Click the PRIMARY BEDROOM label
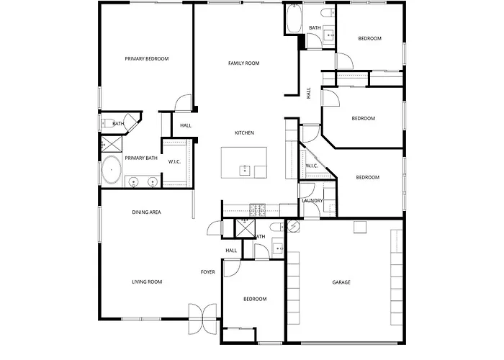[x=147, y=59]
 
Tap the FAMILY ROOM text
[x=243, y=63]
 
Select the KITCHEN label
[x=244, y=132]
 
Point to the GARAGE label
[x=341, y=282]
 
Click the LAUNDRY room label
[x=312, y=201]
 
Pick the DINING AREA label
[x=147, y=212]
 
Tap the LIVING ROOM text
[x=147, y=282]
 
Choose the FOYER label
[x=207, y=272]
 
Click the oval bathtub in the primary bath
[x=111, y=170]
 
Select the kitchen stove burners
[x=258, y=210]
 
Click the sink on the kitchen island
[x=245, y=171]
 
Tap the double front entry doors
[x=202, y=319]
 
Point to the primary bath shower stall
[x=112, y=144]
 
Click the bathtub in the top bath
[x=294, y=18]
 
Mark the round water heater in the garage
[x=293, y=226]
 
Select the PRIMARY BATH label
[x=141, y=158]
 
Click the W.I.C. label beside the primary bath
[x=174, y=162]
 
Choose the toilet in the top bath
[x=327, y=13]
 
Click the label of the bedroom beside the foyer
[x=255, y=299]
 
